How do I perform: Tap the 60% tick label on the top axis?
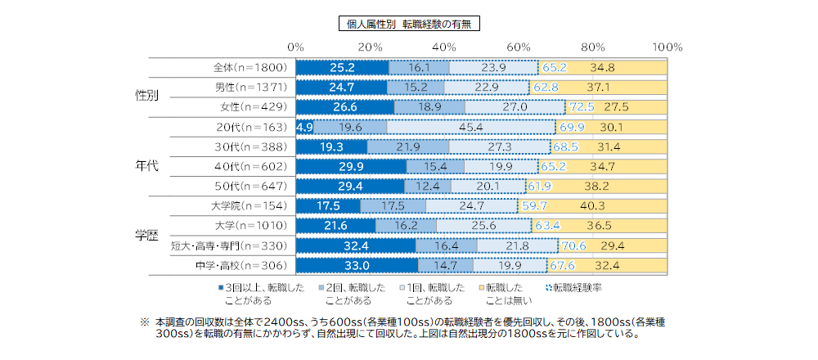(x=519, y=46)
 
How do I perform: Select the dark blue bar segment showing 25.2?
(x=342, y=68)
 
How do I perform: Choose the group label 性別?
(x=146, y=96)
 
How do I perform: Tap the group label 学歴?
(x=146, y=235)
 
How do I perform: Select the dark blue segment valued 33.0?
(x=357, y=265)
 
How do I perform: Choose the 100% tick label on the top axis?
(x=668, y=46)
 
